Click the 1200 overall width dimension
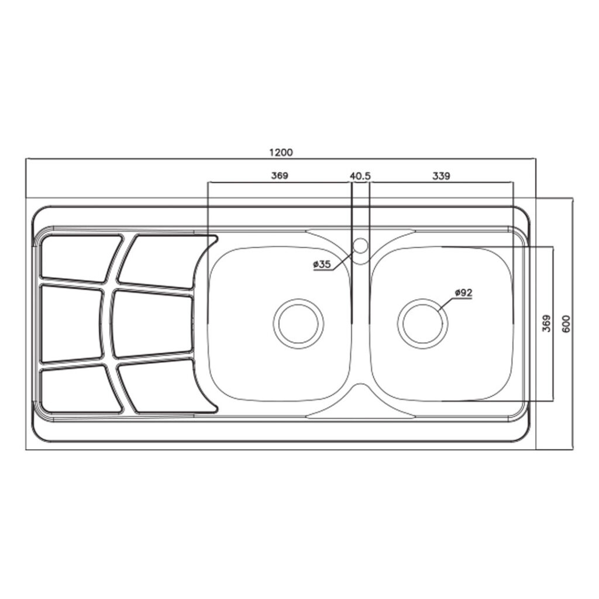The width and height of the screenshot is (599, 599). coord(281,153)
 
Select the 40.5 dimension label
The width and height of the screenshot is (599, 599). coord(360,176)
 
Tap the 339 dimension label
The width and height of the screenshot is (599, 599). coord(441,176)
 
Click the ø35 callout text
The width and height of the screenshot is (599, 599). coord(322,264)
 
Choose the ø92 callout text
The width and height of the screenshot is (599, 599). coord(463,292)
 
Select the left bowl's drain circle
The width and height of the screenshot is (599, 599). coord(298,323)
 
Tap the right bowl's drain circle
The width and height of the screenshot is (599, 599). coord(422,323)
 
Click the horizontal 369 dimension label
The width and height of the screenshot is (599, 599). coord(280,176)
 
